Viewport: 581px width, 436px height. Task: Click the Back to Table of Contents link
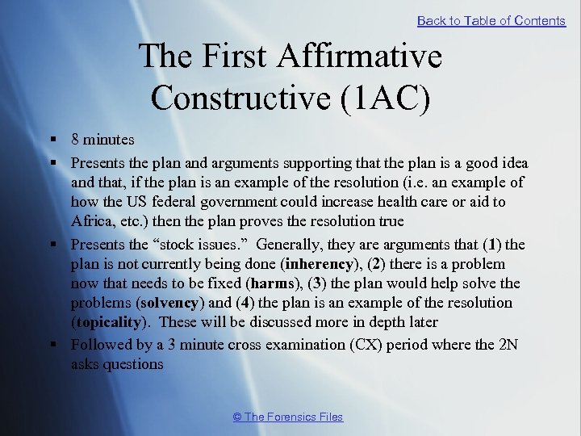tap(491, 21)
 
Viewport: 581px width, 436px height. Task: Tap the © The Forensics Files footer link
tap(287, 417)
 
